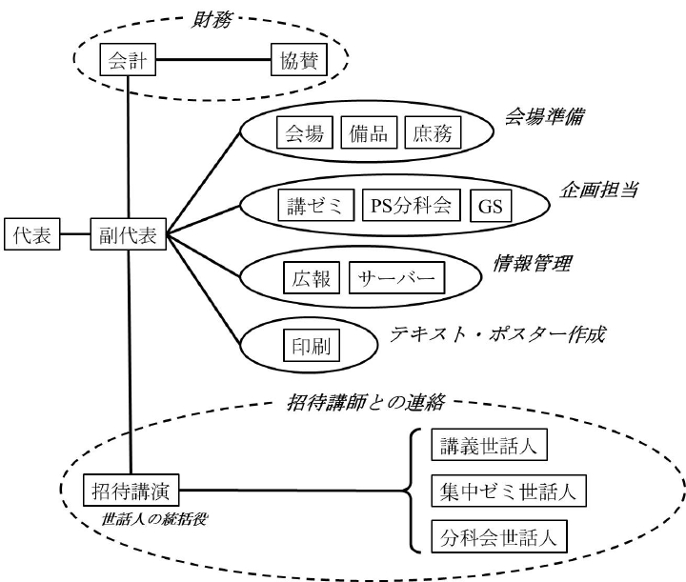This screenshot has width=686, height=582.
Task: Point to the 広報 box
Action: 311,277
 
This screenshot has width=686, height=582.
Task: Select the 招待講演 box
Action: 131,492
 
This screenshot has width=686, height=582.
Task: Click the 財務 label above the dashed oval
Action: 209,15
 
